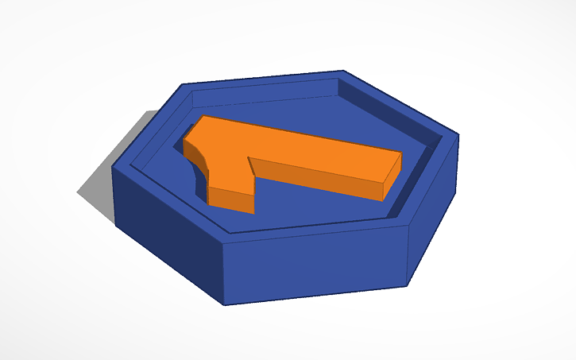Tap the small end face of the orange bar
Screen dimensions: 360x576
392,177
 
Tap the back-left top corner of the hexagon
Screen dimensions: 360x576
183,83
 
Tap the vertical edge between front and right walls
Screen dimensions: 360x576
408,254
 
